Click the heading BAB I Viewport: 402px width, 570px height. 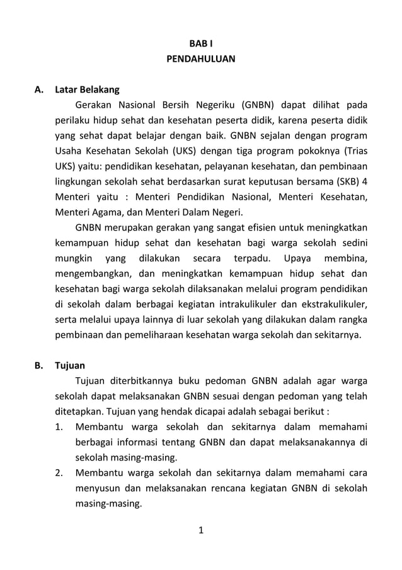pos(200,44)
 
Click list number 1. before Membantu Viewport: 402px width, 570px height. pos(58,426)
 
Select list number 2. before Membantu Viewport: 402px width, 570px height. pos(58,472)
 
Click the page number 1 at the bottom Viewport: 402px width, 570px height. pos(200,530)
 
